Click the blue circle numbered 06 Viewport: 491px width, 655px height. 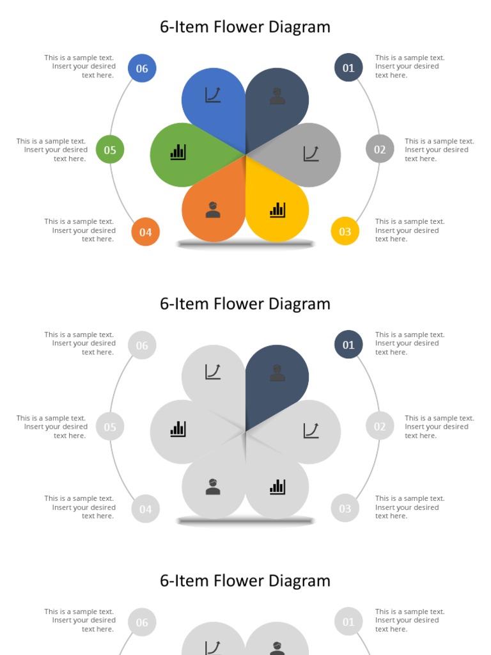[142, 68]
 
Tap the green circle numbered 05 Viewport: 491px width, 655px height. [110, 150]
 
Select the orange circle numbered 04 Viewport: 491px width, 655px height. [145, 232]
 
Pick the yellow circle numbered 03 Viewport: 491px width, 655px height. [345, 232]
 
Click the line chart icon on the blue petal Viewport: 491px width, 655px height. [213, 95]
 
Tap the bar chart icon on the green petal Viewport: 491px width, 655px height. [178, 152]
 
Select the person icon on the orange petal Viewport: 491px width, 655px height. [213, 210]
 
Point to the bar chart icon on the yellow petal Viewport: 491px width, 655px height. [277, 210]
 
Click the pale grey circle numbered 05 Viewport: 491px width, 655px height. [110, 427]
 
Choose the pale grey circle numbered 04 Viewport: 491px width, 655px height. [145, 509]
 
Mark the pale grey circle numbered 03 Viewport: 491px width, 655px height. [345, 509]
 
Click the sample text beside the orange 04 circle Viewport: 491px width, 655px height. [80, 230]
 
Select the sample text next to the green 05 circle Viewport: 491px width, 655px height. [52, 150]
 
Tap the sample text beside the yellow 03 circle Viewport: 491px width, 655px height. [409, 230]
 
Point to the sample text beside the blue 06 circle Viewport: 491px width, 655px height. [80, 66]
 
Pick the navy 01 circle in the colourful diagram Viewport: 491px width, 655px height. [348, 68]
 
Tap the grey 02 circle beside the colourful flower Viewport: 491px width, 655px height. [380, 150]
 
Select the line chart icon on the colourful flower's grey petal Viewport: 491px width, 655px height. [311, 154]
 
